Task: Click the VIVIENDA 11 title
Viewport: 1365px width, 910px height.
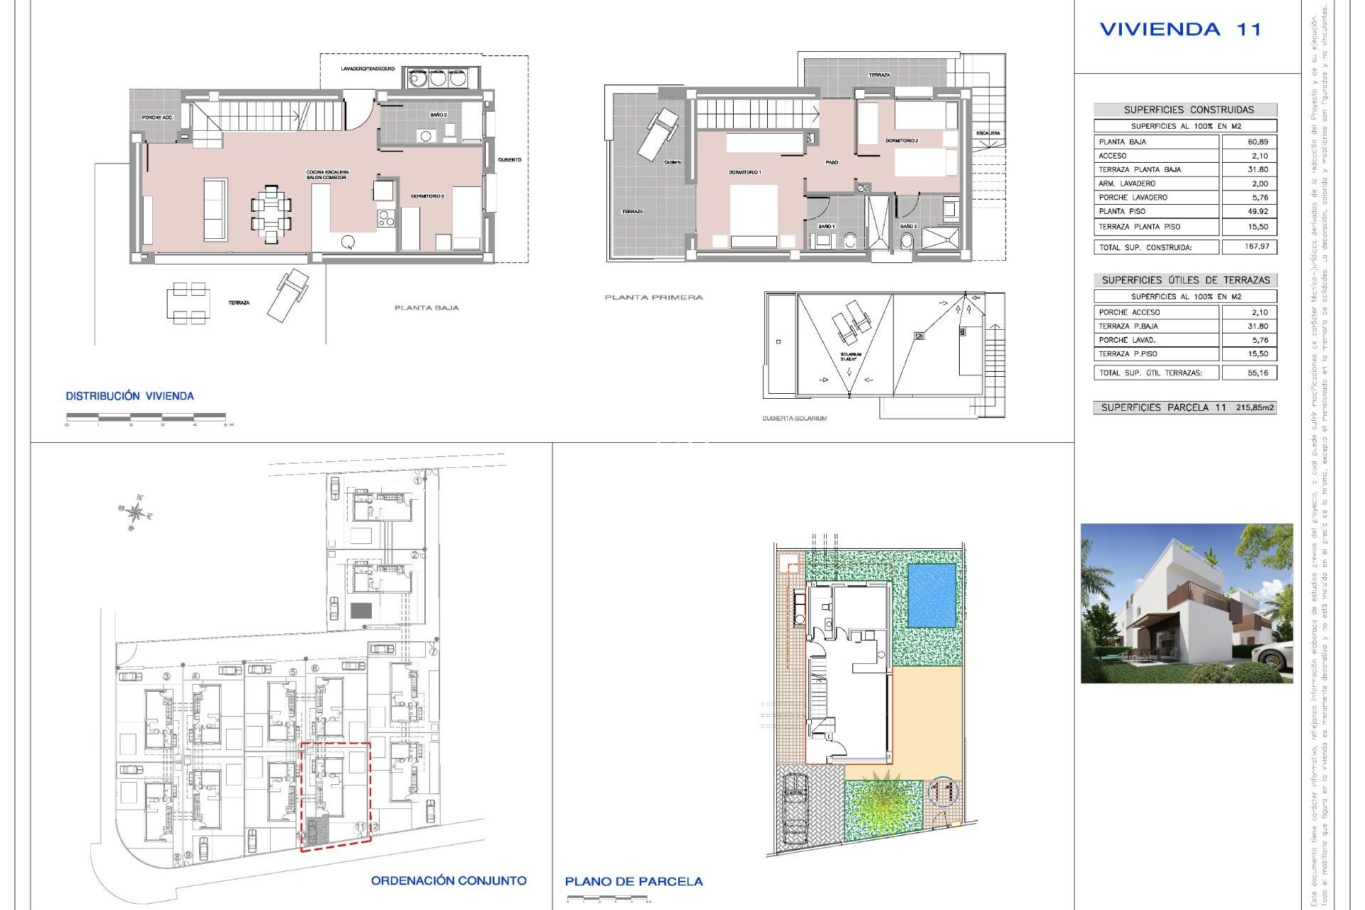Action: pos(1180,30)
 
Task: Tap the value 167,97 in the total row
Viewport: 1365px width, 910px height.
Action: pos(1257,247)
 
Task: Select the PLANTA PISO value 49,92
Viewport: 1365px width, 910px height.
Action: pos(1257,211)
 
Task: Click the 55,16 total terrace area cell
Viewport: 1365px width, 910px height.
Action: pos(1257,373)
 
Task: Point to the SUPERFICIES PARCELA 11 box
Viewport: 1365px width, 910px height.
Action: pos(1184,407)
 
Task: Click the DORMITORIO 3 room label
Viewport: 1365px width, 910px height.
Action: pos(427,196)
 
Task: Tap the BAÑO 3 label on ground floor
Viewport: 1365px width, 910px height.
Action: pos(438,114)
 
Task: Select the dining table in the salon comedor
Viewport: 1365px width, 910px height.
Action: pos(271,215)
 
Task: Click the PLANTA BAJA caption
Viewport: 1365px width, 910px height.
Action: pos(427,308)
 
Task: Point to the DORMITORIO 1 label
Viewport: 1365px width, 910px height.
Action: pos(744,173)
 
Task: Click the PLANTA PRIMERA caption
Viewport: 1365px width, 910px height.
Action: pos(653,297)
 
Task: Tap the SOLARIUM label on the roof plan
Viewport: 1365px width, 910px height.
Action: pos(850,355)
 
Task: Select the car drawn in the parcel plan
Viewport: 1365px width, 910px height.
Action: pos(795,815)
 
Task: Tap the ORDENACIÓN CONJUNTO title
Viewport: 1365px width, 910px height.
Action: pos(449,880)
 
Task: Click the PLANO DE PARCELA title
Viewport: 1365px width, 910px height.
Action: pos(633,882)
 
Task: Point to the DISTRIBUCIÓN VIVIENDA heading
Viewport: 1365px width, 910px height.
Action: pos(129,396)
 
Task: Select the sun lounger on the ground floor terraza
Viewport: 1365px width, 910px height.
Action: pos(288,294)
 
